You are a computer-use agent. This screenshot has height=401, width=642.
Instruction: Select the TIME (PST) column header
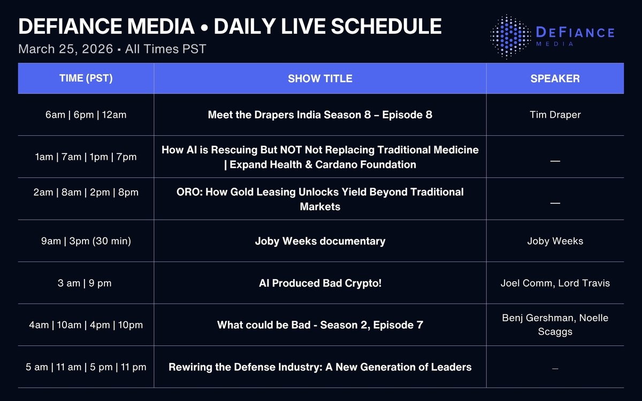[x=86, y=79]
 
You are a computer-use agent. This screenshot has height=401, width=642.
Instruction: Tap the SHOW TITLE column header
[x=320, y=79]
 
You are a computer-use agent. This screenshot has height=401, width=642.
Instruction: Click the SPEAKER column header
[x=555, y=79]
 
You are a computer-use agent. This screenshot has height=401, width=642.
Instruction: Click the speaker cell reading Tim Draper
[x=555, y=114]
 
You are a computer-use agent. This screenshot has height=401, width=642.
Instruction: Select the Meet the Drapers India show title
[x=320, y=114]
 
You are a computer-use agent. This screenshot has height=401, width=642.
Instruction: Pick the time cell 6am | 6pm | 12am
[x=86, y=114]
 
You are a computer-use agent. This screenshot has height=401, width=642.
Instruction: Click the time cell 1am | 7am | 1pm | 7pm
[x=86, y=157]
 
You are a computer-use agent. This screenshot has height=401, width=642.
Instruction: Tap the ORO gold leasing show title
[x=320, y=199]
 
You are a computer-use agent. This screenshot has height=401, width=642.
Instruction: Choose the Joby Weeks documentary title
[x=320, y=241]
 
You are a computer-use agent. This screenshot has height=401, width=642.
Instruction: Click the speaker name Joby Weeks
[x=555, y=241]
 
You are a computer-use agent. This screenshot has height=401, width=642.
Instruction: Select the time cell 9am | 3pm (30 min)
[x=86, y=241]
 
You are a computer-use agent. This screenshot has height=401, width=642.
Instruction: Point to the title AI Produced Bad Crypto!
[x=320, y=283]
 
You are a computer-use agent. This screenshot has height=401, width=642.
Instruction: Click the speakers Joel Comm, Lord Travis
[x=555, y=283]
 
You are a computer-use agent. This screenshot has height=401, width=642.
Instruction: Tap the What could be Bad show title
[x=320, y=325]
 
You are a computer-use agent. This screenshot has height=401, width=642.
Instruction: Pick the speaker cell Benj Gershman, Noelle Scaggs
[x=555, y=325]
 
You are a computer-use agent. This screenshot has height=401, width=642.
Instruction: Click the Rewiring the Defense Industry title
[x=320, y=367]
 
